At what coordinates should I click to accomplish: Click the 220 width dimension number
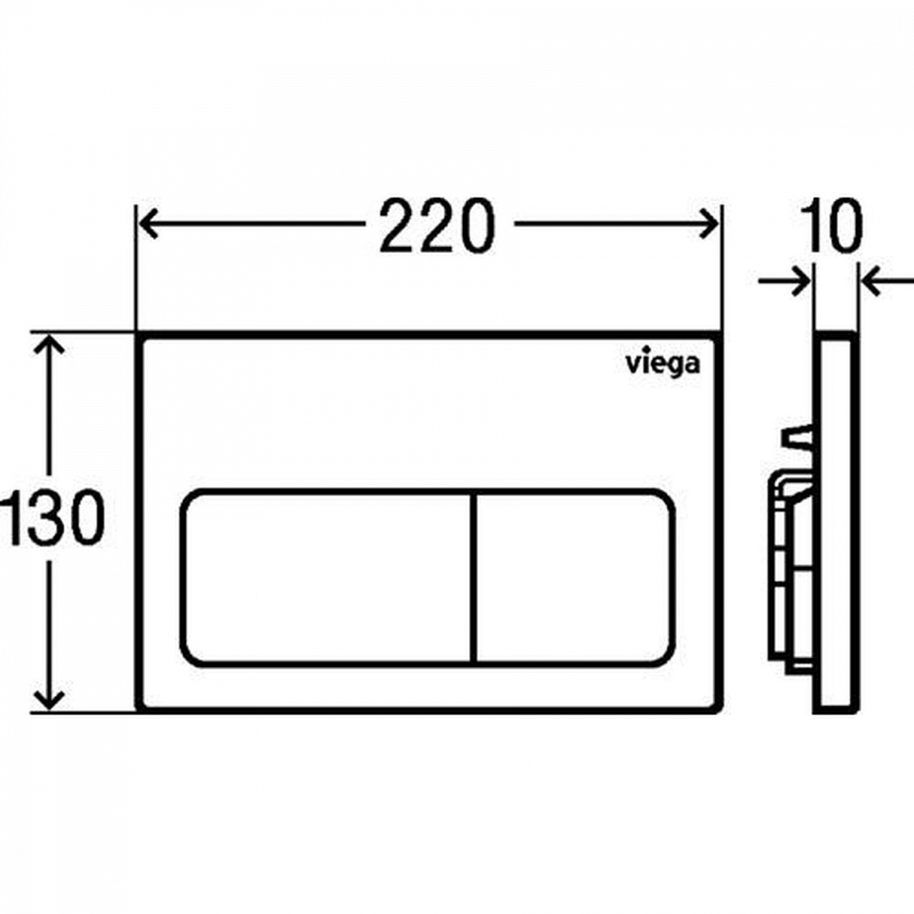point(436,225)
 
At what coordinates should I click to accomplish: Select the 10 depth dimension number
point(832,225)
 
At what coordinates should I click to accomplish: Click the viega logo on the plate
point(663,364)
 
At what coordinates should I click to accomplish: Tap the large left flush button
point(327,577)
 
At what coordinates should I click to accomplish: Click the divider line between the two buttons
point(473,577)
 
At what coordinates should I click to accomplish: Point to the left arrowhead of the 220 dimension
point(146,224)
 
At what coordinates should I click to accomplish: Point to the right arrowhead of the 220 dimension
point(709,224)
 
